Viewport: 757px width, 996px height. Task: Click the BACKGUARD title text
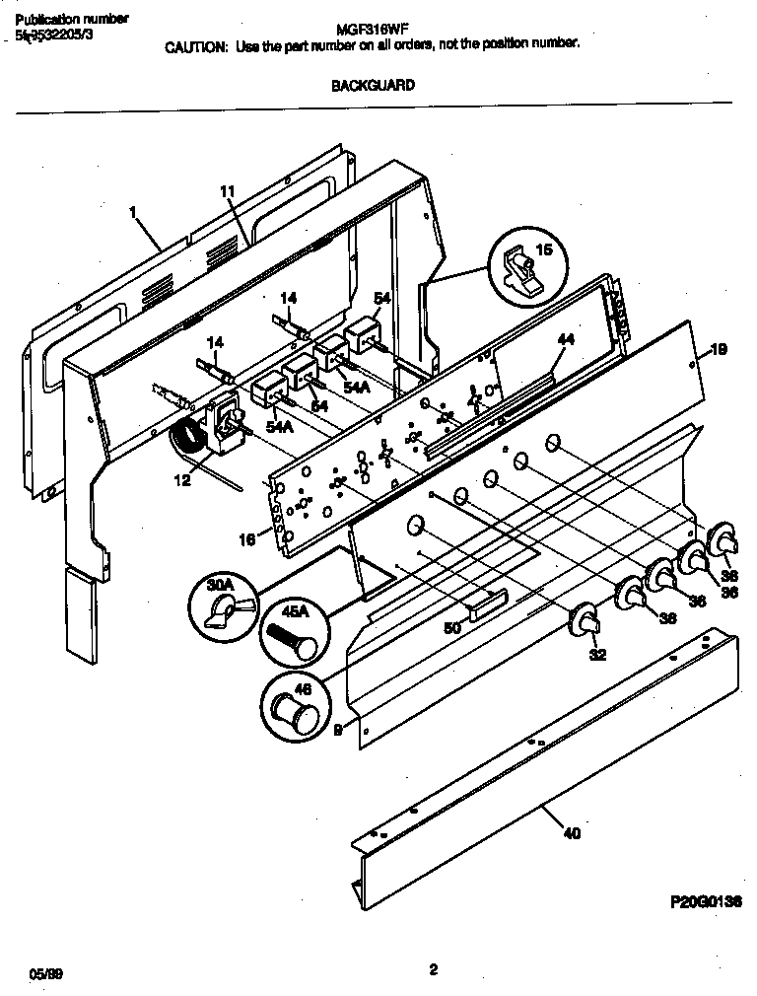coord(373,85)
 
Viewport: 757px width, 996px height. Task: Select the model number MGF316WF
coord(378,32)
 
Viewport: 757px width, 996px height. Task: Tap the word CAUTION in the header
coord(197,45)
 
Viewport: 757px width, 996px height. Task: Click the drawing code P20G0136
coord(706,901)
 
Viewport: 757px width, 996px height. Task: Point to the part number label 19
coord(720,348)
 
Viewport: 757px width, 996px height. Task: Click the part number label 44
coord(565,339)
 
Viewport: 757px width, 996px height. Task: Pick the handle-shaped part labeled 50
coord(489,605)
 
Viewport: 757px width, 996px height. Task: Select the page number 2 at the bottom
coord(433,968)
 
